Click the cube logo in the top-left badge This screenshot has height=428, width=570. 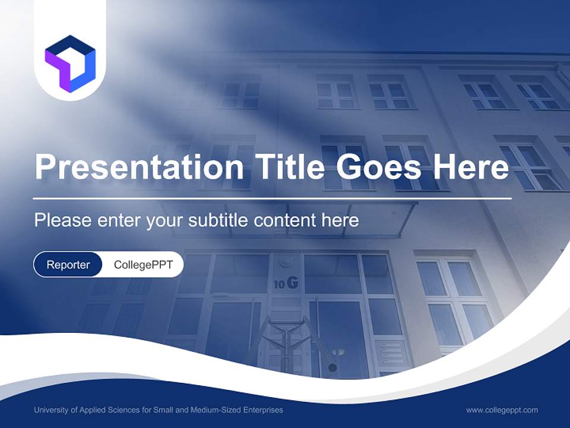click(x=70, y=64)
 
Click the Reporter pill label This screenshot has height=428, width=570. click(x=68, y=265)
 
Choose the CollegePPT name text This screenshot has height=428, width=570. click(x=143, y=265)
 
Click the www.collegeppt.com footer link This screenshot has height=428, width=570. click(x=502, y=410)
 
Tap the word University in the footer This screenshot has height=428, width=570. click(x=51, y=410)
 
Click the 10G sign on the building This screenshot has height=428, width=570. click(x=286, y=284)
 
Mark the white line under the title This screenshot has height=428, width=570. click(x=273, y=198)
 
